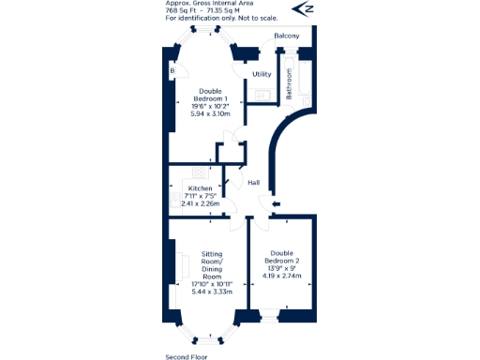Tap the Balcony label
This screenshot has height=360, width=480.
(x=287, y=37)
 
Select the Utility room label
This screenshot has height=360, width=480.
(x=262, y=73)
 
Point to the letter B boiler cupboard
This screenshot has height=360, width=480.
(x=172, y=70)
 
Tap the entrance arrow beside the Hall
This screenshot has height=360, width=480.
(x=273, y=202)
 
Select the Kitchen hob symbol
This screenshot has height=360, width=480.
(x=198, y=172)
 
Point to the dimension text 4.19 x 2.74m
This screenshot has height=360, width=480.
(x=281, y=276)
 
